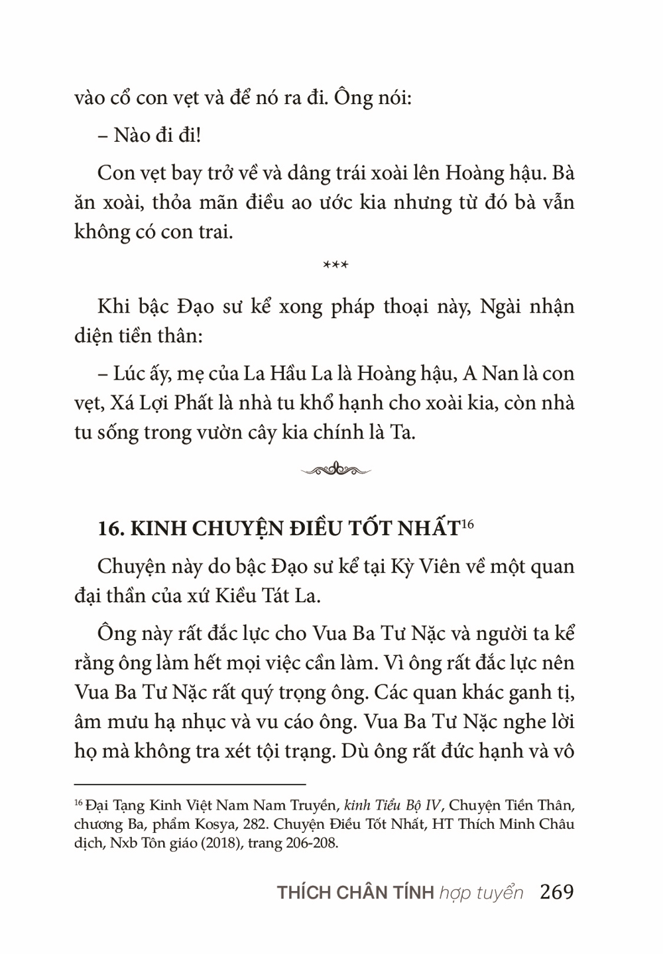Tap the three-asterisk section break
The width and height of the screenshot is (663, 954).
pyautogui.click(x=335, y=266)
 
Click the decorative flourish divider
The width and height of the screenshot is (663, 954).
pyautogui.click(x=335, y=470)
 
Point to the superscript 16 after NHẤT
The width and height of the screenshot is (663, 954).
pyautogui.click(x=467, y=524)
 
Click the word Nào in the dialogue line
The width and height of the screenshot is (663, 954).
pyautogui.click(x=133, y=136)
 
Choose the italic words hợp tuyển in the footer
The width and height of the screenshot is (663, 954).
pyautogui.click(x=481, y=893)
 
